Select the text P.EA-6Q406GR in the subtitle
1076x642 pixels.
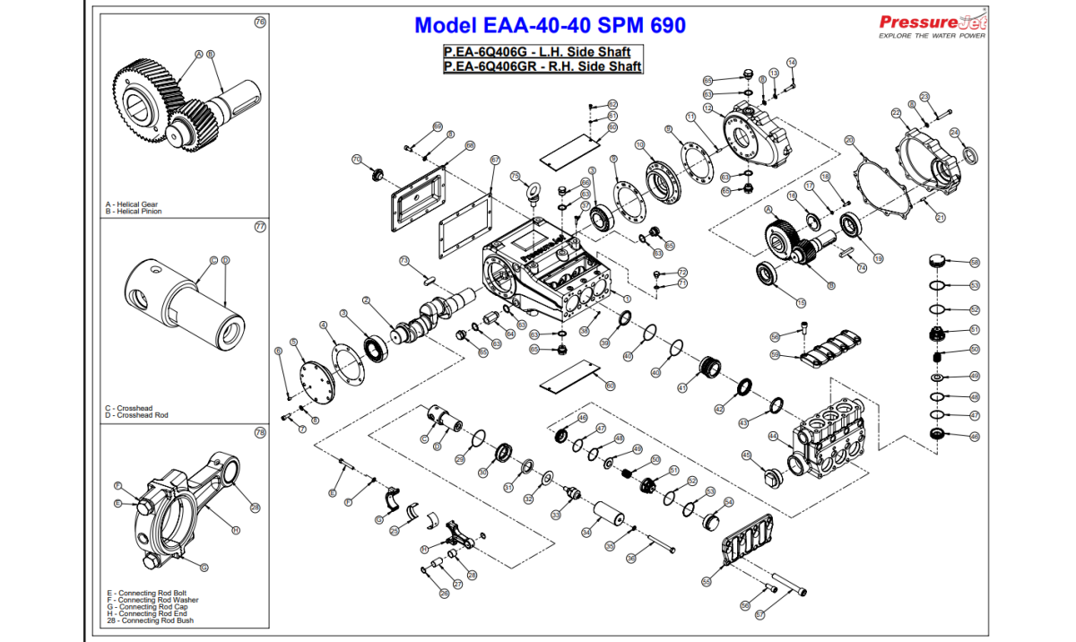pyautogui.click(x=495, y=66)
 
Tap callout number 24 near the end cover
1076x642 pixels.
pyautogui.click(x=955, y=133)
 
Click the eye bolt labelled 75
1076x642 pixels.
pyautogui.click(x=535, y=190)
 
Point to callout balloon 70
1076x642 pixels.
pyautogui.click(x=356, y=160)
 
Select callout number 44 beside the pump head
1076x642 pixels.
pyautogui.click(x=773, y=436)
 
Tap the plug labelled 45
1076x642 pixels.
pyautogui.click(x=769, y=473)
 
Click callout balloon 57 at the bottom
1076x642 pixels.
pyautogui.click(x=759, y=615)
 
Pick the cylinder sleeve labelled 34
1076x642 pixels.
pyautogui.click(x=606, y=517)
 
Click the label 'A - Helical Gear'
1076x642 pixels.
pyautogui.click(x=132, y=204)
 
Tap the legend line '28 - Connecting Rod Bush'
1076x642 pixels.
pyautogui.click(x=151, y=620)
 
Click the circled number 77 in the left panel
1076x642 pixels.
pyautogui.click(x=260, y=227)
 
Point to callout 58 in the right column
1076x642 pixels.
pyautogui.click(x=975, y=263)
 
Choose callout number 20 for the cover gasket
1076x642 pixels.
pyautogui.click(x=849, y=140)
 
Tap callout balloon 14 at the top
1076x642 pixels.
pyautogui.click(x=792, y=62)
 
